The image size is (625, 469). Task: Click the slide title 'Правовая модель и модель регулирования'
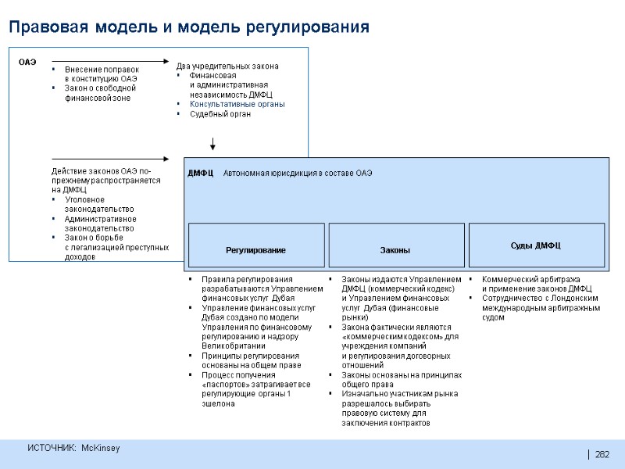point(188,28)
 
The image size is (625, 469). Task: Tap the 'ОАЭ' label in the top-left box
point(27,60)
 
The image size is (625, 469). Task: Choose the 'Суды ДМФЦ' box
point(536,245)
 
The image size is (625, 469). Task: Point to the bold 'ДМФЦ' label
point(201,172)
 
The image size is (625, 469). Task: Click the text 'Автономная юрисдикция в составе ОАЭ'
point(298,172)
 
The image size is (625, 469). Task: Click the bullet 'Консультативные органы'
point(237,104)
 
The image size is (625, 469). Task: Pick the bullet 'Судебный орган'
point(220,114)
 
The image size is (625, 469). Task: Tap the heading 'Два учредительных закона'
point(227,66)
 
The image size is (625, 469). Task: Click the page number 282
point(602,455)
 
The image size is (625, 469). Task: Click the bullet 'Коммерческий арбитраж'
point(530,279)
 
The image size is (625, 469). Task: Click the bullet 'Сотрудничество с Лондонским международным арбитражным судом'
point(541,308)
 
